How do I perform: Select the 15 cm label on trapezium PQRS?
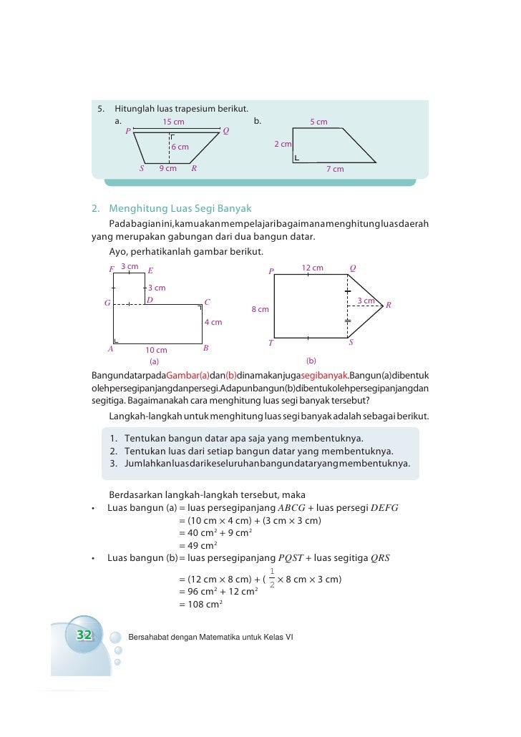click(173, 122)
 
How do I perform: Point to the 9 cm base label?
click(167, 169)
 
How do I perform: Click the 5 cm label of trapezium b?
click(318, 122)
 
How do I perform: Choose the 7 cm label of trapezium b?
click(335, 170)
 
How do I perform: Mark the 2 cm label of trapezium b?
click(283, 145)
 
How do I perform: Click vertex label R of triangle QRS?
click(389, 306)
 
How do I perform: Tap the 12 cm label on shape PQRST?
click(312, 268)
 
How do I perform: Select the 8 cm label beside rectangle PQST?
click(260, 309)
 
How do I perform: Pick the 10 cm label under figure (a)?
click(156, 350)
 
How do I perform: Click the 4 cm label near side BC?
click(213, 322)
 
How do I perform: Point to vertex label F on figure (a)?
click(112, 270)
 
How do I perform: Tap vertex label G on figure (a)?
click(107, 303)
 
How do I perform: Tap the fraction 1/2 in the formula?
click(272, 577)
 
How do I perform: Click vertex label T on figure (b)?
click(271, 343)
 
